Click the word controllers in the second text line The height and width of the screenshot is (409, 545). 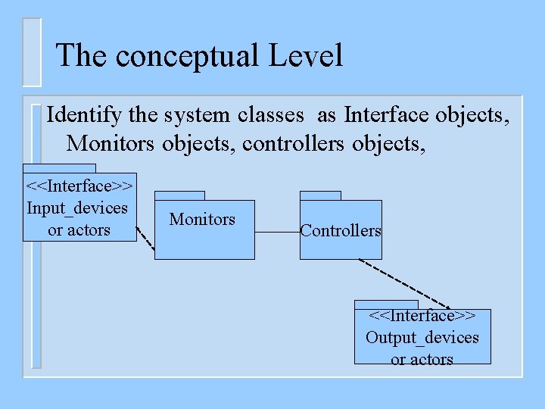pyautogui.click(x=294, y=142)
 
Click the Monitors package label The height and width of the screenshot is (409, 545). pyautogui.click(x=202, y=220)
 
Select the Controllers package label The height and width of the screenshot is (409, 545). pyautogui.click(x=341, y=231)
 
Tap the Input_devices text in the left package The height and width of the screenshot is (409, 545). pyautogui.click(x=77, y=208)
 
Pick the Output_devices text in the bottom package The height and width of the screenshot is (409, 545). pyautogui.click(x=422, y=337)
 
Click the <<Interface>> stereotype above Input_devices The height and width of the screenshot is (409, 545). pyautogui.click(x=79, y=186)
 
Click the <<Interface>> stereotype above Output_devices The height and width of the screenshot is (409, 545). pyautogui.click(x=422, y=315)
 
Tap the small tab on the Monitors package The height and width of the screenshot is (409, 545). pyautogui.click(x=179, y=195)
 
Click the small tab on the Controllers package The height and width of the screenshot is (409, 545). pyautogui.click(x=320, y=195)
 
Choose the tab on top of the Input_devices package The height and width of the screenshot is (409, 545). pyautogui.click(x=59, y=168)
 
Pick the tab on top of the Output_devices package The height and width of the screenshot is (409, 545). pyautogui.click(x=386, y=304)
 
